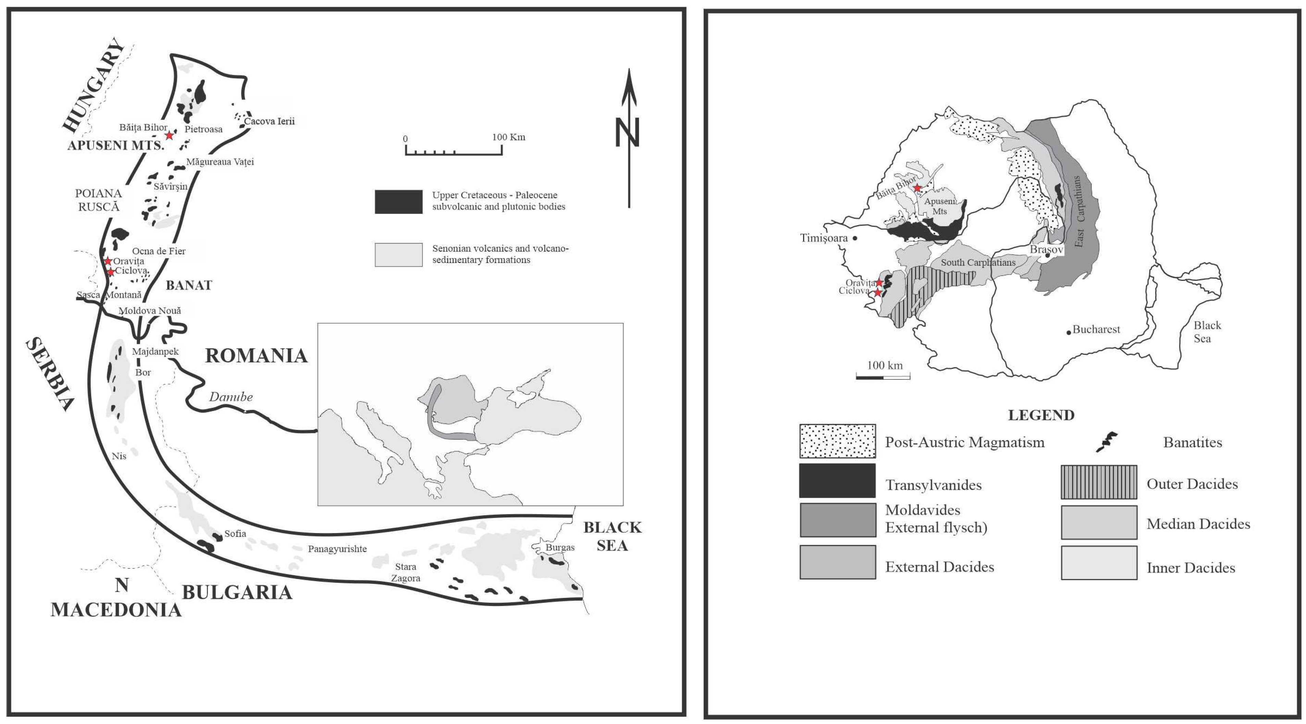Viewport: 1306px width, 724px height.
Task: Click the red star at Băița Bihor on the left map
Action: coord(169,135)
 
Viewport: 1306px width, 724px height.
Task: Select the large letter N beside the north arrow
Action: coord(627,132)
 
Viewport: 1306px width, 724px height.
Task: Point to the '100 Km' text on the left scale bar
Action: coord(508,137)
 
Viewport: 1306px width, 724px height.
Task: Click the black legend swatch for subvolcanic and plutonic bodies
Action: coord(398,202)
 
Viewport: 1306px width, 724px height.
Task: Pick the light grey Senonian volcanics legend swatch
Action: coord(398,255)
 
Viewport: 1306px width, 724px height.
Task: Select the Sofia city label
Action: coord(235,533)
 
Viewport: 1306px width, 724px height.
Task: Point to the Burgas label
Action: coord(560,547)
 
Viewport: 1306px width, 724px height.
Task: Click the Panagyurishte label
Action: coord(337,549)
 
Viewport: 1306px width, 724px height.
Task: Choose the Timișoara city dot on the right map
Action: coord(855,238)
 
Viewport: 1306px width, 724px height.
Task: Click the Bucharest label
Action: coord(1096,329)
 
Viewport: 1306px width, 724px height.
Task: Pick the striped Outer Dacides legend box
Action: coord(1099,482)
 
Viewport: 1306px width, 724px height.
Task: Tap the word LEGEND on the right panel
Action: coord(1041,415)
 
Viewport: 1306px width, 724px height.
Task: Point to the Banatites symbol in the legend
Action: coord(1107,442)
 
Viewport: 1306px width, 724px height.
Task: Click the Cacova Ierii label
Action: coord(269,121)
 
